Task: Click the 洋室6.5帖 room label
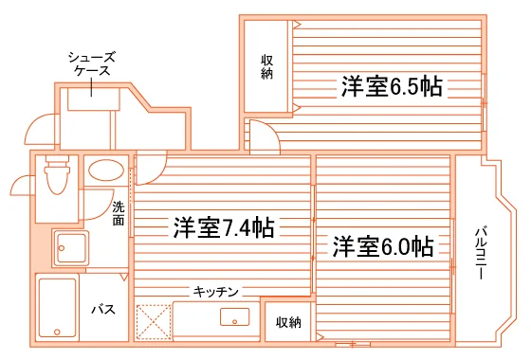tap(392, 86)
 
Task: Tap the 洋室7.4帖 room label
tap(224, 227)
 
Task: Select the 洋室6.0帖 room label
tap(383, 246)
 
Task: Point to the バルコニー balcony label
tap(480, 254)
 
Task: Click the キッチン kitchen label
tap(216, 292)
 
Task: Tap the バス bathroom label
tap(103, 309)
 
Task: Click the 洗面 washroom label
tap(119, 213)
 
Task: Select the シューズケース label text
tap(92, 63)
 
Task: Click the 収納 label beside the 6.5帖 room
tap(266, 66)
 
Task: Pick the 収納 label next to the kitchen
tap(288, 322)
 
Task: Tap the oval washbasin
tap(106, 171)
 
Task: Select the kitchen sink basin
tap(235, 316)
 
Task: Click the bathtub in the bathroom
tap(57, 308)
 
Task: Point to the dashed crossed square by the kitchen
tap(154, 322)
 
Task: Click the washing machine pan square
tap(71, 248)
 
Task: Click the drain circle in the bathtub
tap(57, 332)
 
